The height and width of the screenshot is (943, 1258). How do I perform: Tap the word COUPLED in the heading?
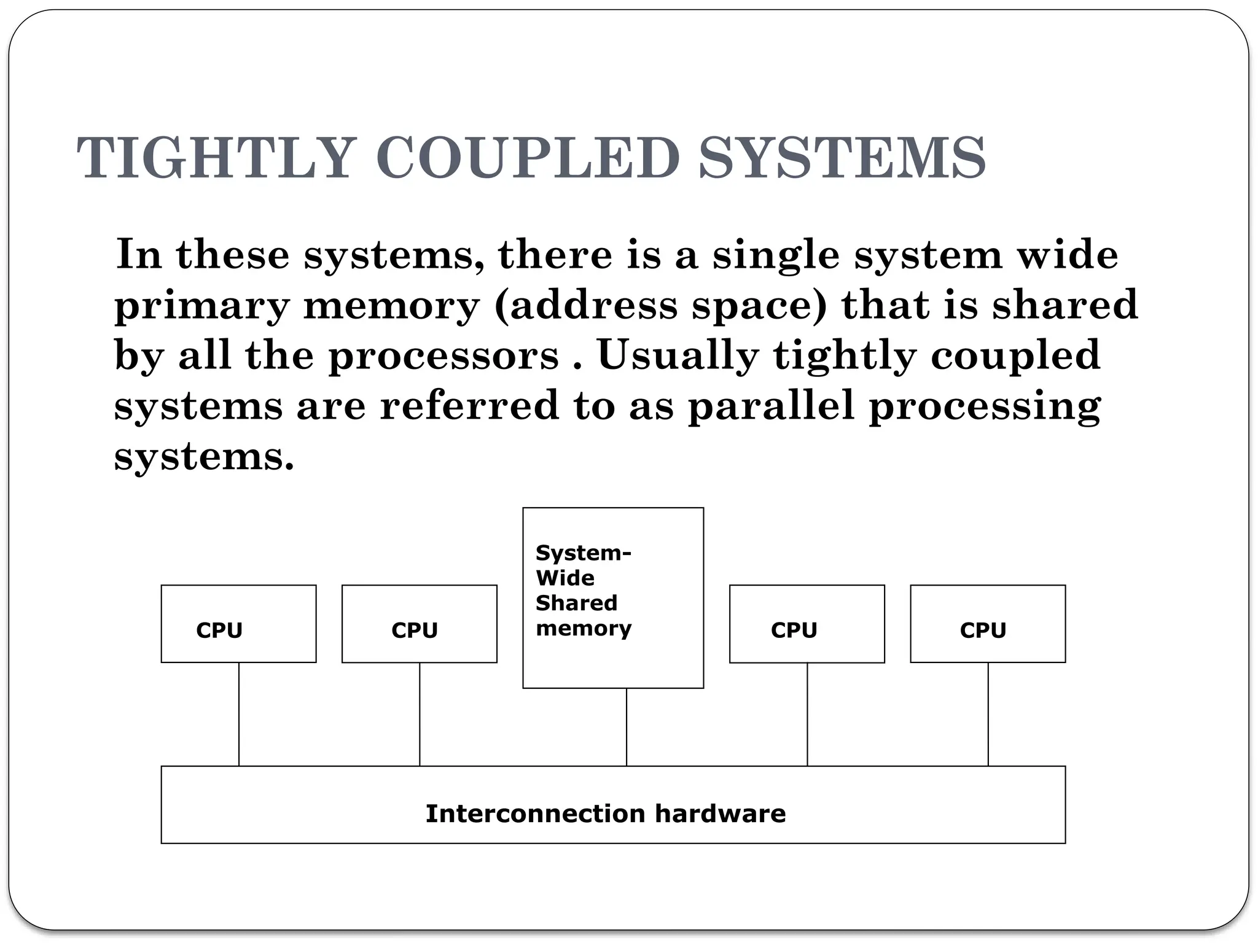(x=528, y=158)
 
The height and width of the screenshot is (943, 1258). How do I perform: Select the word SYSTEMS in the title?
(x=842, y=158)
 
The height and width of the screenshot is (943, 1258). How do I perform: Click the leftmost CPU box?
(x=238, y=624)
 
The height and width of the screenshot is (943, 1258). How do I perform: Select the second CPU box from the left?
(x=419, y=624)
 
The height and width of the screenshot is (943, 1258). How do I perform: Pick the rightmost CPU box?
(x=988, y=624)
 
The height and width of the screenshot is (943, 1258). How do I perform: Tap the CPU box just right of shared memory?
(x=807, y=624)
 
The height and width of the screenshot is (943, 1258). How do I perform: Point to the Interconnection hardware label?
(x=606, y=813)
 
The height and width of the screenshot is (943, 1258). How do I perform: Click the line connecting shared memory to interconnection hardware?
(x=627, y=727)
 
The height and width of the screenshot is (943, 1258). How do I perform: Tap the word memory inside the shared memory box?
(x=584, y=629)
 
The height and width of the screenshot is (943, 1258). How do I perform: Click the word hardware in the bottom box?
(x=720, y=813)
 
